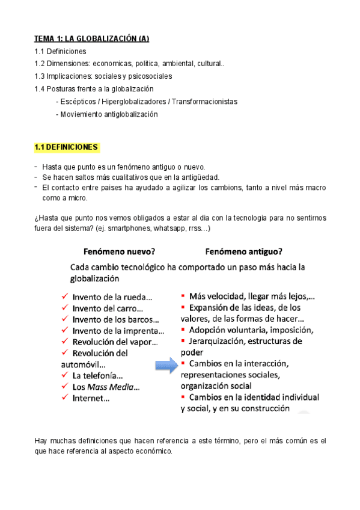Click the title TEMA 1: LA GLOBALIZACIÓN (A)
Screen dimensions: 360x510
pyautogui.click(x=91, y=39)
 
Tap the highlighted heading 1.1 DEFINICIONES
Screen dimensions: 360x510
pyautogui.click(x=66, y=147)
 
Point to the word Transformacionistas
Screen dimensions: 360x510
pyautogui.click(x=204, y=102)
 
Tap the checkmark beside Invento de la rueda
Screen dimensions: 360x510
pyautogui.click(x=65, y=296)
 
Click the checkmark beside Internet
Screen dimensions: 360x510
pyautogui.click(x=65, y=398)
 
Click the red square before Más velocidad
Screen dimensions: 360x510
pyautogui.click(x=183, y=296)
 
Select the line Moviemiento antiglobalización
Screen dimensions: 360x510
pyautogui.click(x=109, y=114)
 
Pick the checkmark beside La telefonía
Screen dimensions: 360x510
pyautogui.click(x=65, y=376)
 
